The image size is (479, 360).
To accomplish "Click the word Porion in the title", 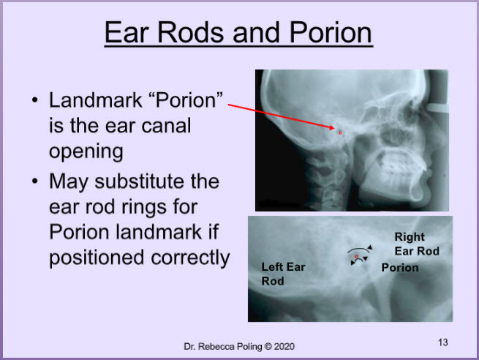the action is (x=331, y=32).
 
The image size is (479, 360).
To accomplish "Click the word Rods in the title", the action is (x=190, y=32).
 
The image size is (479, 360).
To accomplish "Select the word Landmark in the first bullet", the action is (x=96, y=100).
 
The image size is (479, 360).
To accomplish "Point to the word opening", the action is (x=86, y=152).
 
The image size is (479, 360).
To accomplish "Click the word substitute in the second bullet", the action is (x=156, y=181).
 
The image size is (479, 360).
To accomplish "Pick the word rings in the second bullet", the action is (x=145, y=208).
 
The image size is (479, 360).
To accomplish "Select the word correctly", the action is (x=190, y=258).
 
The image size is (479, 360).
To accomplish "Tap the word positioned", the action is (x=97, y=258).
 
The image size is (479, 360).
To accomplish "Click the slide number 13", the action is (x=443, y=342).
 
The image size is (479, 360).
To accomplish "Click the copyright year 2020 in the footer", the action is (x=284, y=347).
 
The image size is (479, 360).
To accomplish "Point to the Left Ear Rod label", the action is (x=283, y=274).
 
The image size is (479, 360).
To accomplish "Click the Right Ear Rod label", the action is (x=417, y=244).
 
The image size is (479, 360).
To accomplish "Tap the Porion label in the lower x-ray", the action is (x=400, y=268).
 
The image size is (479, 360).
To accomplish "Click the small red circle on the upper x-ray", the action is (x=340, y=133).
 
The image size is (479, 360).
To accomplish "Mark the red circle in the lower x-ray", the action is (x=356, y=257).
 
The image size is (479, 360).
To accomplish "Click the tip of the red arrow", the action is (x=335, y=128).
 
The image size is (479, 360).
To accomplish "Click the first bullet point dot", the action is (x=35, y=100).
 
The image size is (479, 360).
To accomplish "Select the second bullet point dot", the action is (x=35, y=181).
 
